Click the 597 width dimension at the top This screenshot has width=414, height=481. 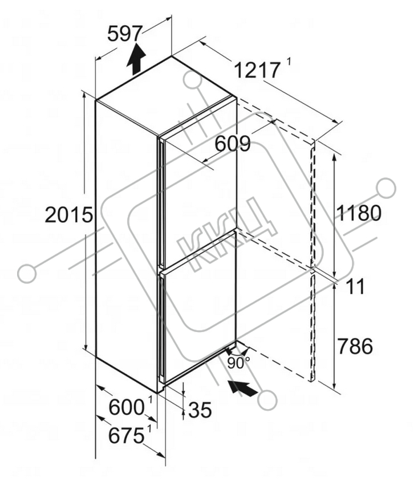(x=125, y=34)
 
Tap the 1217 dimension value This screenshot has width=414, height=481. (x=257, y=70)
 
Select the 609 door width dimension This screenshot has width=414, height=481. (x=233, y=144)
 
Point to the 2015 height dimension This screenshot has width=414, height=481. (x=69, y=214)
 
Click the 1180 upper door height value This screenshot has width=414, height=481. (x=359, y=213)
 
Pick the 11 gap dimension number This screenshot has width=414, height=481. (x=355, y=286)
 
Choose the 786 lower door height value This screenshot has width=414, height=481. (x=355, y=346)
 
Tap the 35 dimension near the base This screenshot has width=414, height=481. (x=200, y=410)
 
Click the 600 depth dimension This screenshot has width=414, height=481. (x=127, y=407)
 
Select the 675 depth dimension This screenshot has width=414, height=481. (x=127, y=435)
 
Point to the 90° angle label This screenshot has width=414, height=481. (x=238, y=363)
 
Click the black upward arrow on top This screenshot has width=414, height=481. (x=136, y=59)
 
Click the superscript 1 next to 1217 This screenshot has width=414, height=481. (x=289, y=62)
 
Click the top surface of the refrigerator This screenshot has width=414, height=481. (x=166, y=95)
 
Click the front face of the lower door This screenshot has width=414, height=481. (x=200, y=307)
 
